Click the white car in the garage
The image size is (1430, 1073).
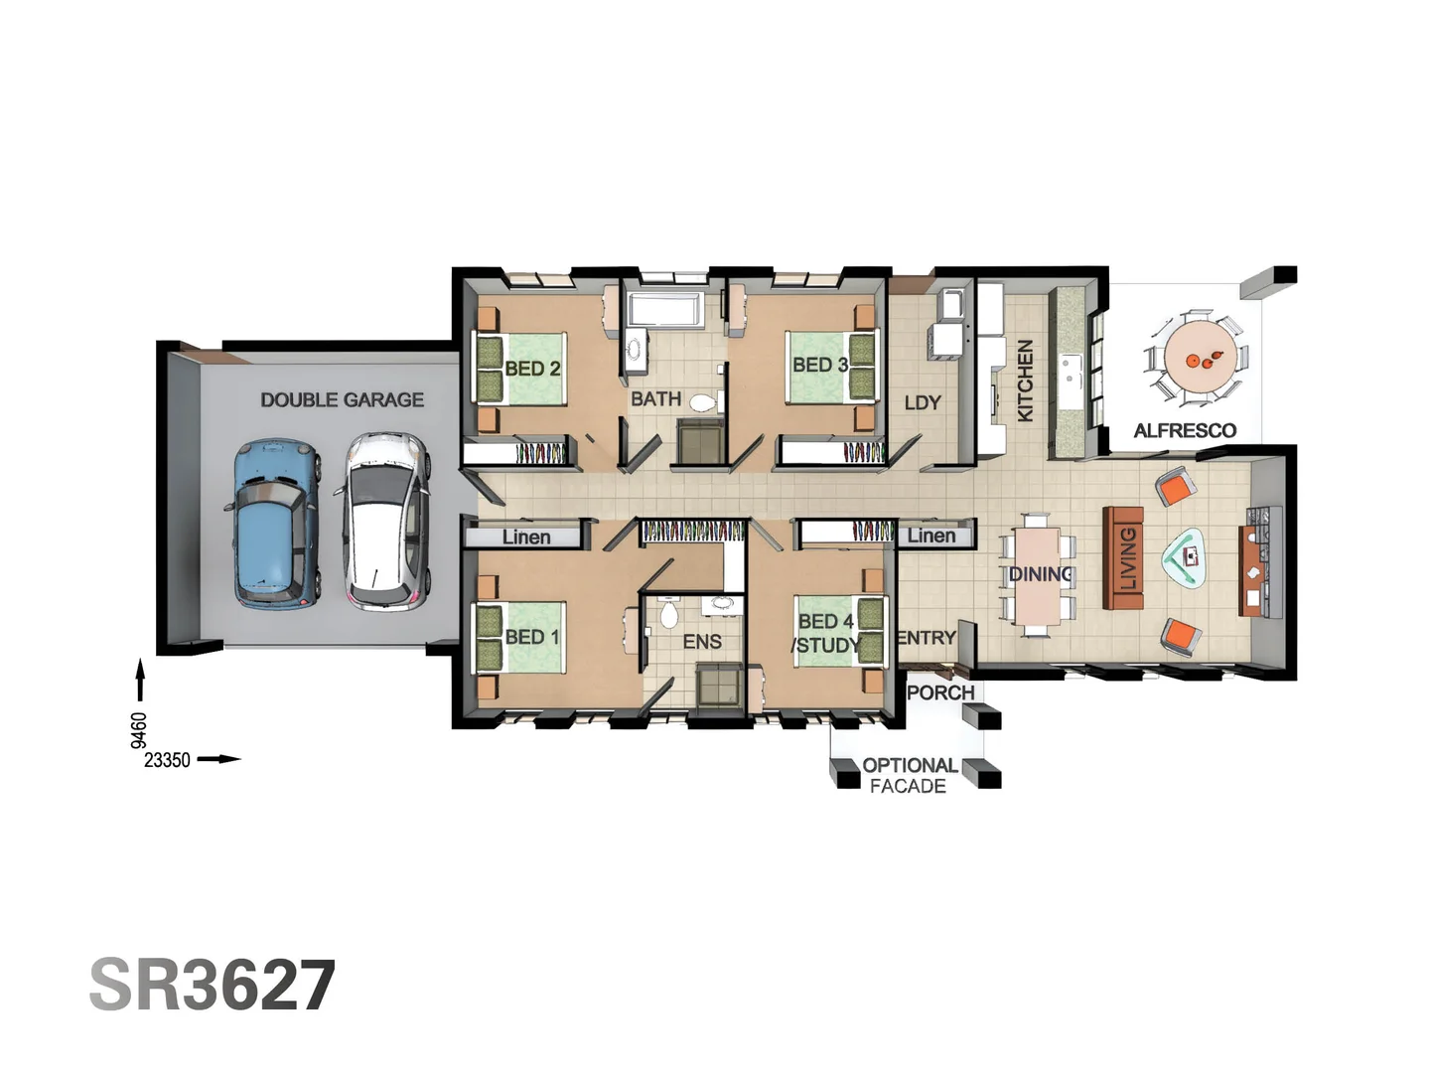pos(387,521)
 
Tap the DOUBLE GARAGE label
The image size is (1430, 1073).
pos(342,399)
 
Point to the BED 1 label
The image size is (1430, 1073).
pos(532,637)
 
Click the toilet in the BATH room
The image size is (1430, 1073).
pos(703,402)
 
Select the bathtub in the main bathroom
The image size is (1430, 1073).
pos(665,310)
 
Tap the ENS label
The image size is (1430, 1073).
pos(702,642)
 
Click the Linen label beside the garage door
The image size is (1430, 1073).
pos(525,537)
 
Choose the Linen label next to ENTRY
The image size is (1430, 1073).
pos(931,536)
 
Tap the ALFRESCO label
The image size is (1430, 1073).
pos(1185,430)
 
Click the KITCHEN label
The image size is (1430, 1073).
pos(1025,381)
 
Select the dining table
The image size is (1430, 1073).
pos(1037,574)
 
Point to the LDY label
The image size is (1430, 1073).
pos(922,402)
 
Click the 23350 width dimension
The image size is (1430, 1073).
pos(167,760)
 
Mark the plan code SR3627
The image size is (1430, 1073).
pos(213,986)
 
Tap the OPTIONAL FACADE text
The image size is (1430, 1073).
pos(908,775)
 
